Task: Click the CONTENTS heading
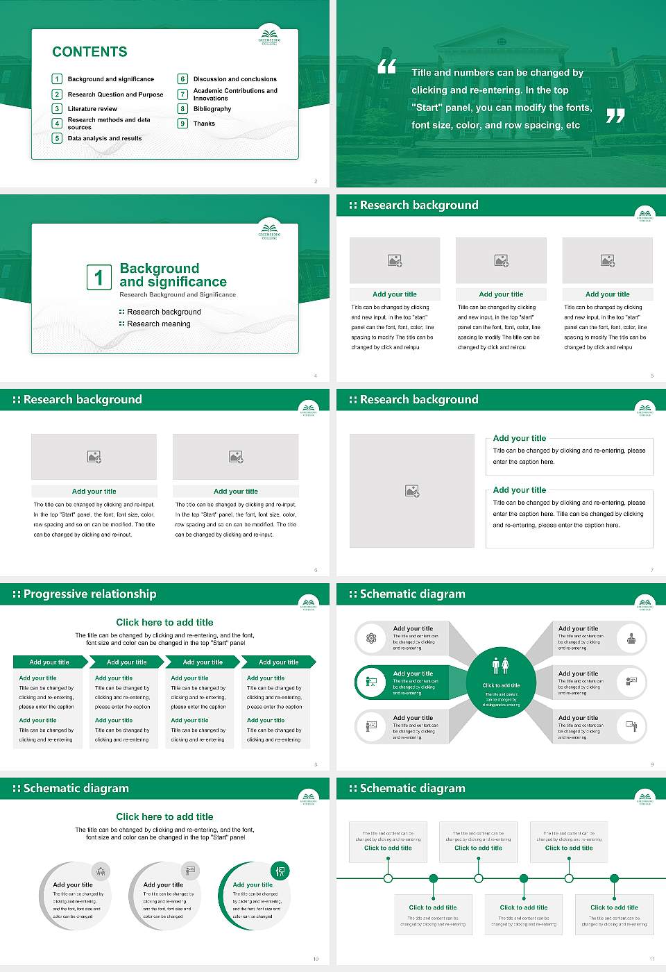coord(89,52)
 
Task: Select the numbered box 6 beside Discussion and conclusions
coord(183,79)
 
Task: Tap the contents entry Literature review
coord(92,109)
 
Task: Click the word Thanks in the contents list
coord(204,124)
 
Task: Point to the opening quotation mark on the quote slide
coord(386,67)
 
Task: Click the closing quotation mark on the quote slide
coord(615,116)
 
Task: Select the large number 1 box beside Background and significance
coord(99,277)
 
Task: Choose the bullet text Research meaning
coord(158,324)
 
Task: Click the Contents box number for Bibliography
coord(183,109)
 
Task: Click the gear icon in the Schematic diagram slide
coord(371,638)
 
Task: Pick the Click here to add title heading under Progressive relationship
coord(164,623)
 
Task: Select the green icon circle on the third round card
coord(280,871)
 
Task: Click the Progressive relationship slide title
coord(89,594)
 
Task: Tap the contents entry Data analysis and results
coord(105,139)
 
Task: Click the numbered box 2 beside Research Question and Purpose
coord(58,94)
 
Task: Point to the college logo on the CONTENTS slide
coord(269,36)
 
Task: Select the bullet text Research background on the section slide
coord(164,312)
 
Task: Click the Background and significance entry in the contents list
coord(111,79)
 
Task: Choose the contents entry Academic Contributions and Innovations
coord(235,94)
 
